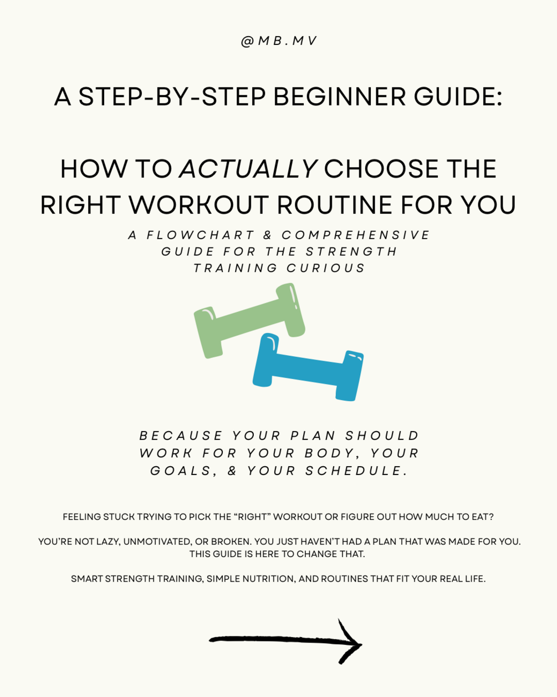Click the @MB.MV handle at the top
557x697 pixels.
[x=279, y=41]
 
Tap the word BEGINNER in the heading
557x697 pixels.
[x=340, y=97]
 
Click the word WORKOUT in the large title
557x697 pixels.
[x=199, y=205]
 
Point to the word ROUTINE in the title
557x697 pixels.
[x=335, y=205]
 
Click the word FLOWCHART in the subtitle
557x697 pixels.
[x=200, y=235]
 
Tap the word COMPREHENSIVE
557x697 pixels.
[x=355, y=235]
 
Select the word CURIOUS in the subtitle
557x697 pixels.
[x=326, y=268]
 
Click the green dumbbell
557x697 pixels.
[x=249, y=321]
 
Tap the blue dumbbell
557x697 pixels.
[x=308, y=367]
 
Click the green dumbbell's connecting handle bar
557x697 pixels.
[x=249, y=319]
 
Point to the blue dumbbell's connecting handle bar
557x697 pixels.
[x=307, y=369]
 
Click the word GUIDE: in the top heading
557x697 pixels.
[x=458, y=97]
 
